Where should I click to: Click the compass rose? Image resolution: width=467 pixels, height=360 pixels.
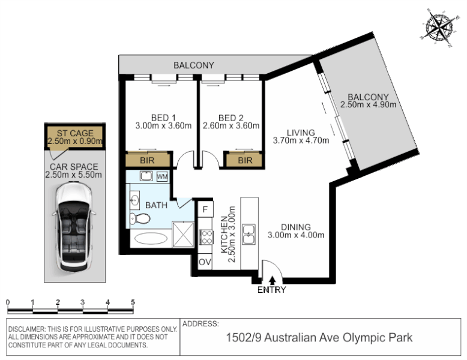tap(439, 28)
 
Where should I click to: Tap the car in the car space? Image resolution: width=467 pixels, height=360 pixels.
tap(74, 227)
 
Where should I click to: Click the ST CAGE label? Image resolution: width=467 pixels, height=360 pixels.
tap(75, 133)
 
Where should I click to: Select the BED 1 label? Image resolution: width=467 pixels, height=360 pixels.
tap(163, 118)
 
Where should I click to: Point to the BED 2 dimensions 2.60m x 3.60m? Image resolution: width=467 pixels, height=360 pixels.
tap(231, 126)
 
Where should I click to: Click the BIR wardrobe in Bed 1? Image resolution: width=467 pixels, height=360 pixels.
tap(148, 160)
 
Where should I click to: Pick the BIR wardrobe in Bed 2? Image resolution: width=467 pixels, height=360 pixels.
tap(244, 160)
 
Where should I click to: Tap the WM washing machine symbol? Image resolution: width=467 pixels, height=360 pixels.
tap(162, 176)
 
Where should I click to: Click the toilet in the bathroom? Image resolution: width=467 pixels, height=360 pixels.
tap(140, 219)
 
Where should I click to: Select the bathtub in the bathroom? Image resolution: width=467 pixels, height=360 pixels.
tap(151, 238)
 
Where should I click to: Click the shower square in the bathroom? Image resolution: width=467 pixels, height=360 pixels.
tap(183, 235)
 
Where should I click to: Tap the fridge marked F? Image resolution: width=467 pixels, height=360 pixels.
tap(205, 209)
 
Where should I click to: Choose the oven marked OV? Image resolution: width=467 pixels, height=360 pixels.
tap(205, 262)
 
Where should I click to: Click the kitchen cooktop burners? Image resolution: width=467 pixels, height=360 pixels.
tap(206, 237)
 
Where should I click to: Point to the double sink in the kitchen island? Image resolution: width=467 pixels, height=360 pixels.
tap(249, 235)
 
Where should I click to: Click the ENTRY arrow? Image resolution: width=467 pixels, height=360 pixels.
tap(272, 280)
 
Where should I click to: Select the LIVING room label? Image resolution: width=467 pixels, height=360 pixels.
tap(301, 133)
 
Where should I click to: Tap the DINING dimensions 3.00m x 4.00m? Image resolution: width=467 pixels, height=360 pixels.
tap(296, 235)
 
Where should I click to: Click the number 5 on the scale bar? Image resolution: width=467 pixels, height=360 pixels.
tap(133, 302)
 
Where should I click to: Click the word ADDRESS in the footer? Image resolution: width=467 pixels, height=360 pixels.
tap(200, 323)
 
